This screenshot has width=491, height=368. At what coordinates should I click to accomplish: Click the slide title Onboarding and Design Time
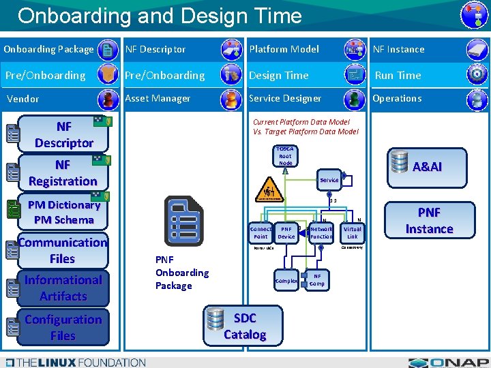point(160,16)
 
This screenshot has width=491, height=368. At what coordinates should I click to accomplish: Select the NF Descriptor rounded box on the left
point(64,135)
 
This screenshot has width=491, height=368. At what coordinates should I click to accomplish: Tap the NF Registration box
point(63,173)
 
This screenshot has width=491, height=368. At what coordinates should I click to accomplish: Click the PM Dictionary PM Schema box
point(64,213)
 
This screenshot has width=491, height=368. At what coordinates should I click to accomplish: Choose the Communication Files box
point(63,250)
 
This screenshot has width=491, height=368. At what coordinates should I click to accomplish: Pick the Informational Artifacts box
point(63,288)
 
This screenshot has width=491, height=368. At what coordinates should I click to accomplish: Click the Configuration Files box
point(63,327)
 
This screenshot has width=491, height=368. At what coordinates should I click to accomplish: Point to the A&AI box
point(427,167)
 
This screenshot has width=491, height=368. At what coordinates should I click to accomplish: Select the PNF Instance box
point(429,221)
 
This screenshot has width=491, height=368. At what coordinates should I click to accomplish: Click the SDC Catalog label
point(245,326)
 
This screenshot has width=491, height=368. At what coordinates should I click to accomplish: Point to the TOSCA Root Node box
point(285,156)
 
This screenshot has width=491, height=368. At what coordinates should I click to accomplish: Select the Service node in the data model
point(329,180)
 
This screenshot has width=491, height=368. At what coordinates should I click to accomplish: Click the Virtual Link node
point(352,232)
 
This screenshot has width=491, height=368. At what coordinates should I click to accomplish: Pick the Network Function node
point(321,232)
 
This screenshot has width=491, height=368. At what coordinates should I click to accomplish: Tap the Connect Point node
point(261,232)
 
